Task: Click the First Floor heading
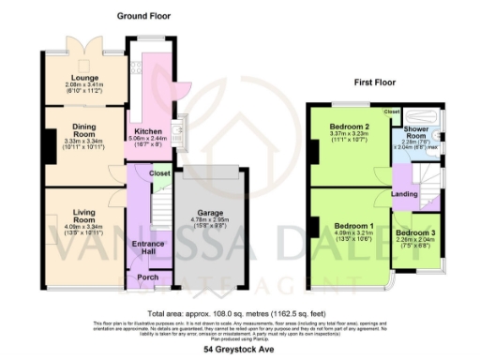click(x=374, y=82)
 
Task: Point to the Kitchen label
click(x=148, y=130)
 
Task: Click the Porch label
click(x=144, y=277)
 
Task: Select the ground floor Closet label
click(x=159, y=173)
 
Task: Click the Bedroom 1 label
click(x=353, y=227)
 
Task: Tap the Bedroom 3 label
click(x=415, y=232)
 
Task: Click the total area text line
click(x=240, y=311)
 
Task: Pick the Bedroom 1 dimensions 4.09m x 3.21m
click(x=353, y=234)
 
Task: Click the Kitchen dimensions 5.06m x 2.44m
click(x=148, y=139)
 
